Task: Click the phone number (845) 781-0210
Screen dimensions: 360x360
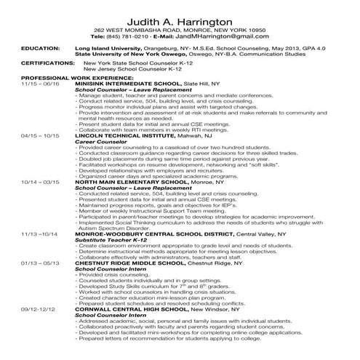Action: point(132,36)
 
